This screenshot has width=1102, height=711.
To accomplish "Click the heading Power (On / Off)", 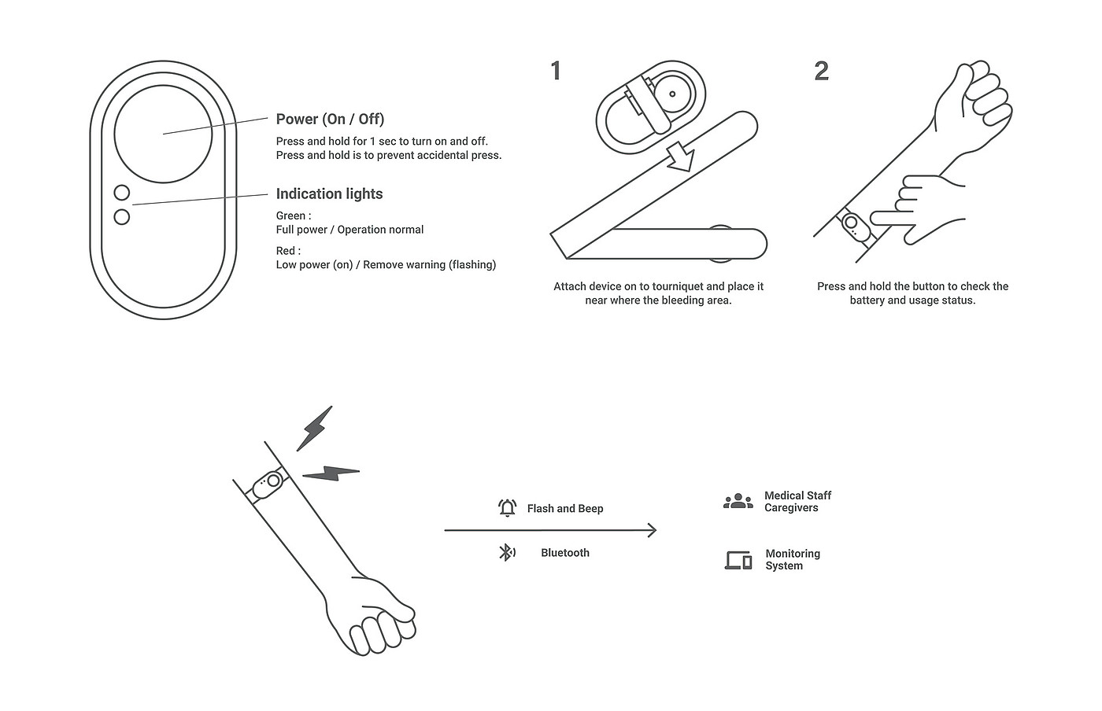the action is point(330,119).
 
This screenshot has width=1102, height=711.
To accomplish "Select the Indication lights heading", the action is point(329,193).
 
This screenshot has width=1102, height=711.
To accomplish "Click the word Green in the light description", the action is point(290,216).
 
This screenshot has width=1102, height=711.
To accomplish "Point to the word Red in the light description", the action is point(285,251).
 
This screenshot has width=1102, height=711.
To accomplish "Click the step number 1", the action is point(556,71).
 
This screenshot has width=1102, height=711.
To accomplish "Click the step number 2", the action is point(822,71).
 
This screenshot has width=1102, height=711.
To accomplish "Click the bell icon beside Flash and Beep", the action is point(507,508).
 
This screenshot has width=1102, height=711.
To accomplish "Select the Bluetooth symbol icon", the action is point(507,553).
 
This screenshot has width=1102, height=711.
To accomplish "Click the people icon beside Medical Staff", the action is point(738,501).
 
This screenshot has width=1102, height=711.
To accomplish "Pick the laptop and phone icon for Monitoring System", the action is point(738,560).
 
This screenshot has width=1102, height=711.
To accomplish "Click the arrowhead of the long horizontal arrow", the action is point(653,530).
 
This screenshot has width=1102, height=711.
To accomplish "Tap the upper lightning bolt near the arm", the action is point(314,429).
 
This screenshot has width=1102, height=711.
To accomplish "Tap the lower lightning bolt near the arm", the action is point(331,473).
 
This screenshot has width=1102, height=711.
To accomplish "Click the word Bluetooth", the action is point(565,553).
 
